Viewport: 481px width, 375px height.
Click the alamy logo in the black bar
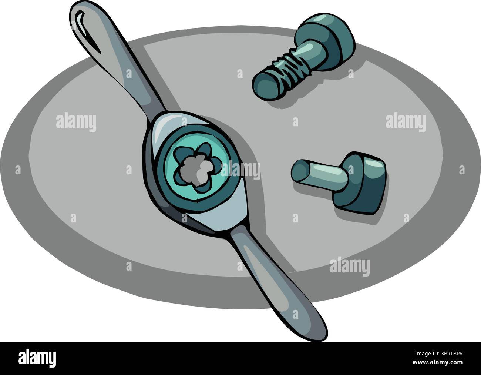[x=37, y=358]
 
